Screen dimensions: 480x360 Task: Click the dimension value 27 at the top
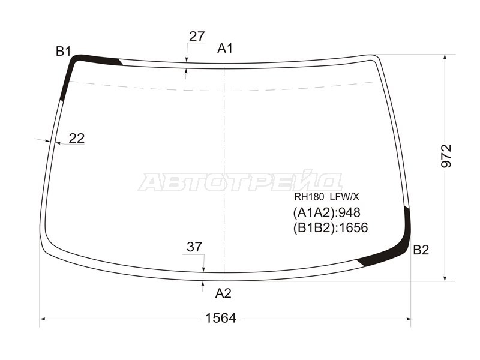pos(197,37)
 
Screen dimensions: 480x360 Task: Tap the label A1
pos(225,49)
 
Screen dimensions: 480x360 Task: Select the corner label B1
pos(64,52)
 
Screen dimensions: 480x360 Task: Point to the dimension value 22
pos(77,139)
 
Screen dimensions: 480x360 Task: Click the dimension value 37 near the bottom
pos(194,247)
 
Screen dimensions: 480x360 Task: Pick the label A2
pos(223,293)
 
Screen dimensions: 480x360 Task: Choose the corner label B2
pos(421,250)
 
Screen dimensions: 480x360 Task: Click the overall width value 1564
pos(220,319)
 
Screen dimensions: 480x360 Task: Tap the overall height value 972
pos(446,156)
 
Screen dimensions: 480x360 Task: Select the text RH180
pos(304,197)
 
